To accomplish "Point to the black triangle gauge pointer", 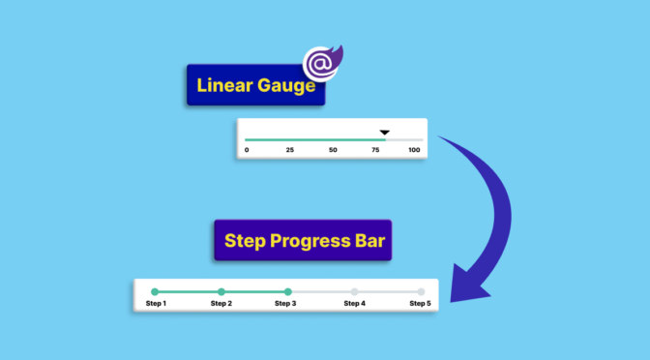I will tap(384, 132).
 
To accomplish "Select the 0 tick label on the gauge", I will tap(247, 150).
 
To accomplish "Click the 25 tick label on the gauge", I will tap(289, 150).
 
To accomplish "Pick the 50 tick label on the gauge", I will tap(333, 150).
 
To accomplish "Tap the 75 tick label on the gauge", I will tap(375, 150).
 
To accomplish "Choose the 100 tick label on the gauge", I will tap(414, 150).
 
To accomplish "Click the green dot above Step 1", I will tap(155, 291).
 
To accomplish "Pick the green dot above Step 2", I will tap(222, 291).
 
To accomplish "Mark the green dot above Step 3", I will tap(287, 291).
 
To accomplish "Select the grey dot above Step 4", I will tap(354, 291).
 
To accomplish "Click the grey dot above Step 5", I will tap(421, 291).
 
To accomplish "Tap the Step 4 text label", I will tap(354, 304).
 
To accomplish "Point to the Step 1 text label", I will tap(156, 304).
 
